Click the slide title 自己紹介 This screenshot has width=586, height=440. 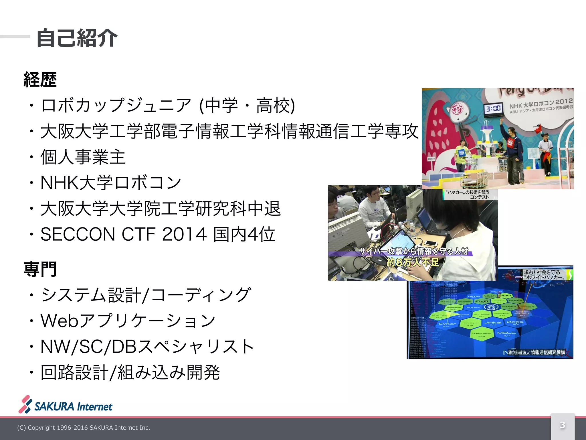tap(77, 38)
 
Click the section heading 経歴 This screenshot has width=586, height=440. tap(40, 80)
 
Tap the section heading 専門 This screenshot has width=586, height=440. tap(40, 269)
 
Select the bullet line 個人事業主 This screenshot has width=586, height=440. tap(83, 157)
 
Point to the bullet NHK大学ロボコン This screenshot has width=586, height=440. tap(111, 182)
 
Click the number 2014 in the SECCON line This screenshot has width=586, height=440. tap(184, 234)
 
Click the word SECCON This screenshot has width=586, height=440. tap(78, 234)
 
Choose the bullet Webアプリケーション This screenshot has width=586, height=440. tap(128, 321)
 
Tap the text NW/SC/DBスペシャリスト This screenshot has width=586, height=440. tap(147, 346)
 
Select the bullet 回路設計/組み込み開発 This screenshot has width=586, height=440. tap(130, 372)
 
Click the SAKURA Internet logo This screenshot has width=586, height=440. tap(66, 405)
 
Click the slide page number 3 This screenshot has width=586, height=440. tap(562, 425)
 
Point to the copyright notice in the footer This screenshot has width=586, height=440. tap(84, 428)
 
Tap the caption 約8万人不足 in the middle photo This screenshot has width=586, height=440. tap(413, 262)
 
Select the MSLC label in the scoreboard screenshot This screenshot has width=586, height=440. tap(506, 333)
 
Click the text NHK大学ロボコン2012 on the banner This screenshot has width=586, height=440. tap(541, 104)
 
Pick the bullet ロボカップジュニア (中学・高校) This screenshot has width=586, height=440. tap(168, 105)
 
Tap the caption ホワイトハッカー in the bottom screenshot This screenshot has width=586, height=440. tap(545, 277)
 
